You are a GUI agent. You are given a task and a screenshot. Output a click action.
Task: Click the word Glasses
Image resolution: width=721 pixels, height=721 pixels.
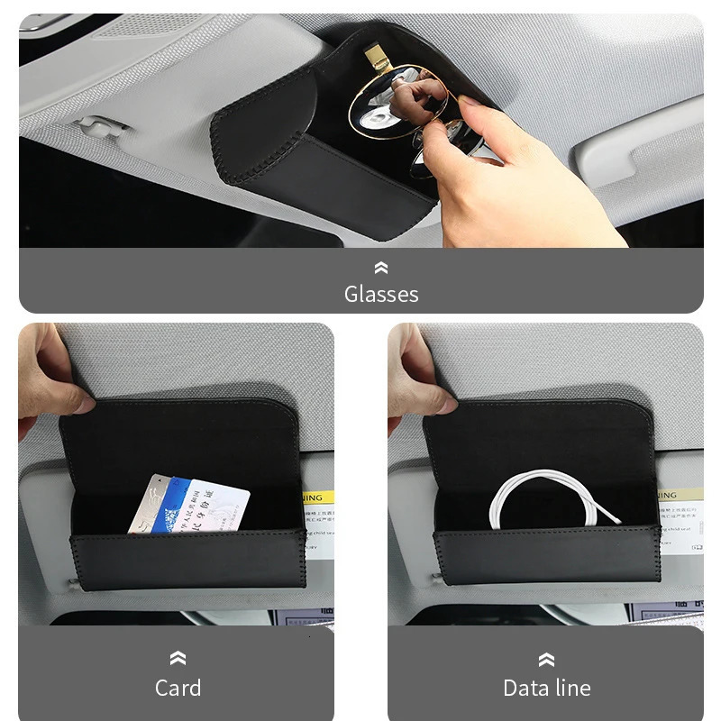[x=380, y=294]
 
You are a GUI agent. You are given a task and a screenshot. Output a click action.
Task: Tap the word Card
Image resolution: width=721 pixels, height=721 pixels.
[x=178, y=688]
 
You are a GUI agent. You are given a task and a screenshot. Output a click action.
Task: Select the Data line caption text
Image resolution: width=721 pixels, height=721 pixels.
[x=546, y=688]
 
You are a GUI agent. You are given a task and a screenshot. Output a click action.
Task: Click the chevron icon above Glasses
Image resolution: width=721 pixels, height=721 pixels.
[x=380, y=268]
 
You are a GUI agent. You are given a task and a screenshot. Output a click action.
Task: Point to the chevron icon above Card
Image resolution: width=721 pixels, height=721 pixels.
[x=178, y=659]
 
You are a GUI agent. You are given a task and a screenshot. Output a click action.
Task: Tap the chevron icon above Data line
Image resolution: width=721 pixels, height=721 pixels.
[x=546, y=659]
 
